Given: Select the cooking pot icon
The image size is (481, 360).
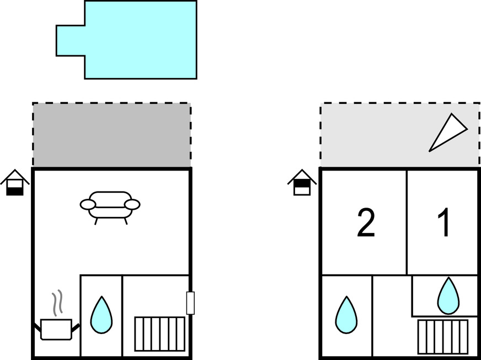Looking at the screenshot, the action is [56, 329].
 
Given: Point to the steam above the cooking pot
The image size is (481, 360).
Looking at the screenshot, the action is [57, 303].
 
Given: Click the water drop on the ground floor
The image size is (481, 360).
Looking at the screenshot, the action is [101, 315].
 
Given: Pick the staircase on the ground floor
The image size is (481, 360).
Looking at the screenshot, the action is [160, 334].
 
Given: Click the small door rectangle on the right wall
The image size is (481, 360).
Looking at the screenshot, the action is [190, 303].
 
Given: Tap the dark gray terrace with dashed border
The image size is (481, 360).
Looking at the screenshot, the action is [111, 135].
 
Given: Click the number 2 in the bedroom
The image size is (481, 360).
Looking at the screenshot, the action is [366, 223].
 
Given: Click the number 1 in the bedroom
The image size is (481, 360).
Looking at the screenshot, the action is [444, 223].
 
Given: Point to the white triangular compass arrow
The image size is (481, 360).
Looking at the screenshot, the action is [447, 133].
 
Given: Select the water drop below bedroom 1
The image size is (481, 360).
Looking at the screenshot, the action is [448, 296].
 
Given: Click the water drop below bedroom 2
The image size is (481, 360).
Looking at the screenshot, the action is [346, 315].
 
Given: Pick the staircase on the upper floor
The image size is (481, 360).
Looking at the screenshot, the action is [443, 337].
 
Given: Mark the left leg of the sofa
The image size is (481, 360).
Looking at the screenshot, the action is [96, 221].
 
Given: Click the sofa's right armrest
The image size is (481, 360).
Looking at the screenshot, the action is [132, 204].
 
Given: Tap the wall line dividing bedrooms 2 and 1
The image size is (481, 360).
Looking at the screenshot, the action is [407, 222].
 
